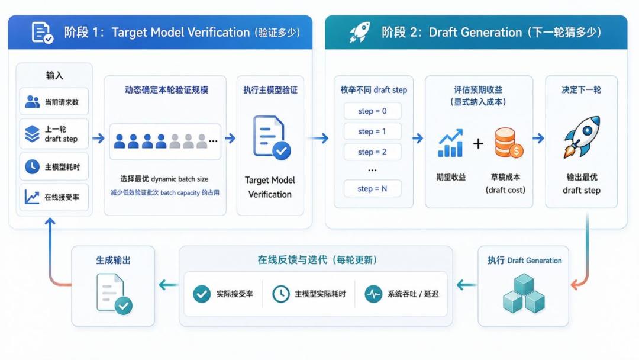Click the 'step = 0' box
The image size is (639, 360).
372,111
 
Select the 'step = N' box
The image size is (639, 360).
372,189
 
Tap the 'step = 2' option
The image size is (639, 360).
372,152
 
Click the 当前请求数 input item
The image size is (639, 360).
54,101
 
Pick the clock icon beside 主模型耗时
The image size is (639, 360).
32,166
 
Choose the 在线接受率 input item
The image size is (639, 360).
54,197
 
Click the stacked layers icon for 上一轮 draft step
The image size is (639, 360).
32,134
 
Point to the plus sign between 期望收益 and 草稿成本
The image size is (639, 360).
478,143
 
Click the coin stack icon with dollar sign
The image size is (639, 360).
509,143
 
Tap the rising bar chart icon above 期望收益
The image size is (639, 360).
450,143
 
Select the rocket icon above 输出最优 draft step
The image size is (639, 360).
582,136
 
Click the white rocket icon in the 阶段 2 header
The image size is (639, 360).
360,32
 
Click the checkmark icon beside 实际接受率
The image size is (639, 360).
202,294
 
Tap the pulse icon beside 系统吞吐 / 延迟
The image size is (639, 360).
373,294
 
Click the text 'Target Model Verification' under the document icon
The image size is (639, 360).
270,187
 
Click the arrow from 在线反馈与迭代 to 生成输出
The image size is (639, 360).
168,285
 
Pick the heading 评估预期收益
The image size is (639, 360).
478,89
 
